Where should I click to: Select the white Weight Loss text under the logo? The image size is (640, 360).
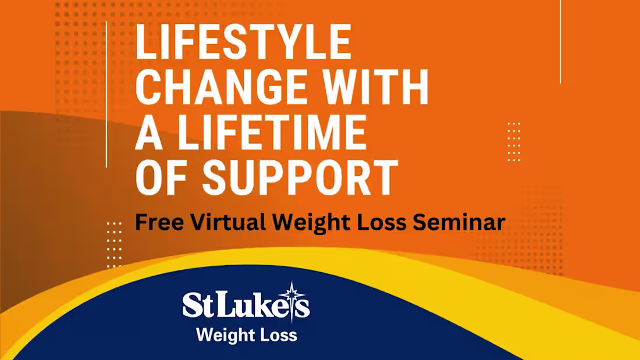click(246, 336)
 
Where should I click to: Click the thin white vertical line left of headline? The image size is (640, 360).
click(107, 94)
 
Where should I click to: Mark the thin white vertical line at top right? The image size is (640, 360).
click(560, 41)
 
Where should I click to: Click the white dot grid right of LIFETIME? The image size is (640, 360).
click(514, 141)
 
